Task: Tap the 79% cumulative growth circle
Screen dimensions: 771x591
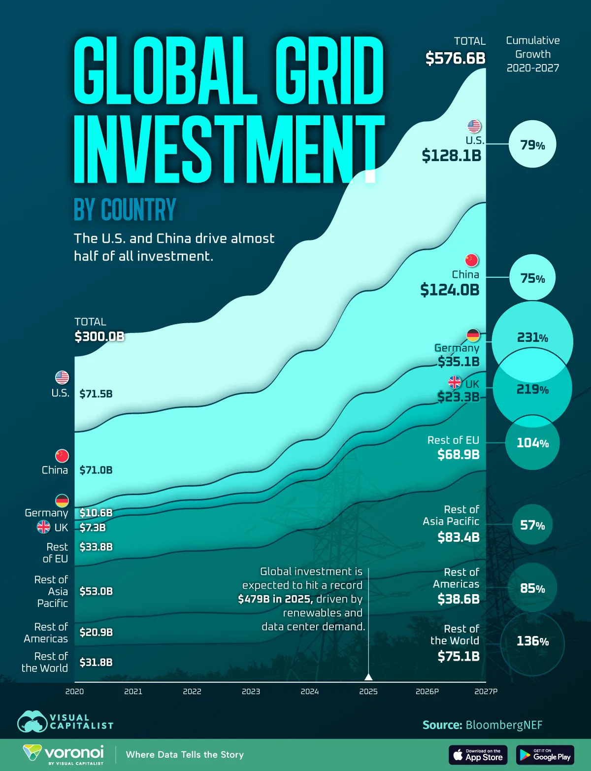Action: (532, 145)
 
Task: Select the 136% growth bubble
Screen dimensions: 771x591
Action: (532, 641)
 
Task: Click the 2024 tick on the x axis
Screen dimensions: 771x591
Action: (310, 692)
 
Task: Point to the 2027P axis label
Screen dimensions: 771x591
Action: (486, 692)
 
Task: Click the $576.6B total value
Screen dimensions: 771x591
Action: (456, 58)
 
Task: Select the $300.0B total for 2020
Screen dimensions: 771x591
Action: (99, 336)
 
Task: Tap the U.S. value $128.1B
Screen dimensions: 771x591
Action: (451, 156)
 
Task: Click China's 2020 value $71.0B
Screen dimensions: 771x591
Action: (96, 470)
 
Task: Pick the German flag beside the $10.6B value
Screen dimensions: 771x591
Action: (62, 501)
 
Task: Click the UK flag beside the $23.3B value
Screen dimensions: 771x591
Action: (455, 382)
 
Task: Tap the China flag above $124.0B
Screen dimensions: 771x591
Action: (472, 260)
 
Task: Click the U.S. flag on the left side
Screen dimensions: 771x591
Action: (62, 378)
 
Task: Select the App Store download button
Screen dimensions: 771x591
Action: (478, 755)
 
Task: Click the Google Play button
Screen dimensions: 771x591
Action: (545, 755)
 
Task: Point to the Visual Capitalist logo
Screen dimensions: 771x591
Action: (65, 722)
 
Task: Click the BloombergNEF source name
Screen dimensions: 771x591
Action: (504, 725)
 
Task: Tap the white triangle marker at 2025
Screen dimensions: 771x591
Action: (368, 676)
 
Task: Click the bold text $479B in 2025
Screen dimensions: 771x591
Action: (275, 599)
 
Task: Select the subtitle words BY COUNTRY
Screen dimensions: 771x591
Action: (125, 210)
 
